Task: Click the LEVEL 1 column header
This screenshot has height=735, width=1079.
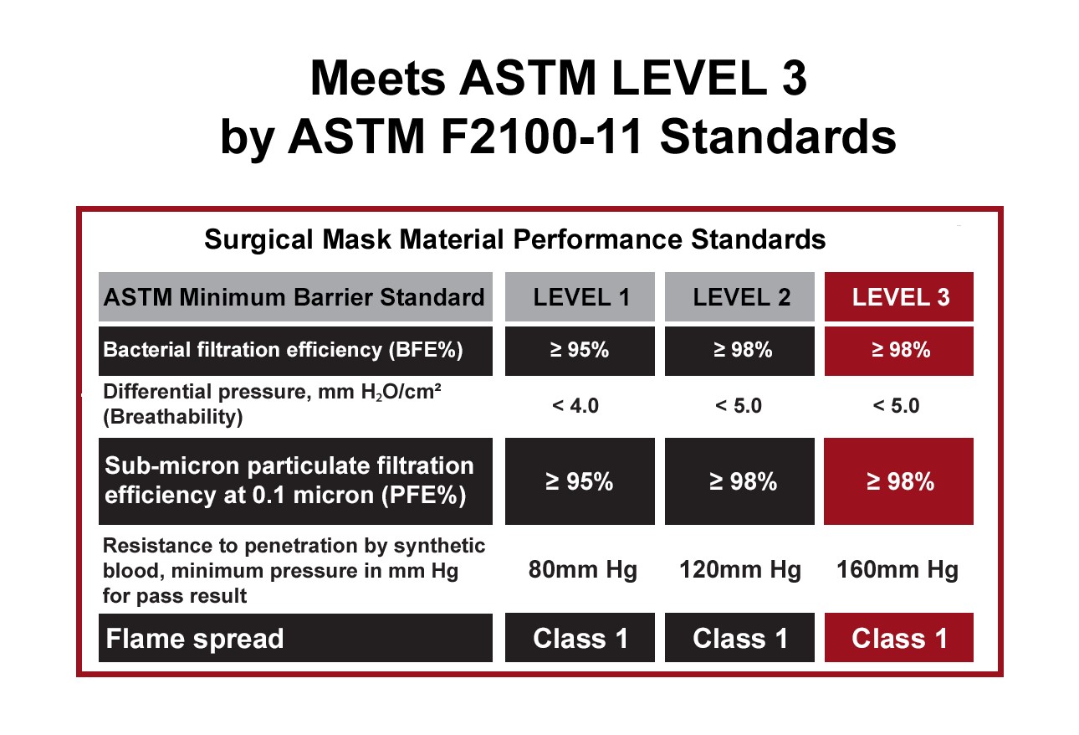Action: coord(580,296)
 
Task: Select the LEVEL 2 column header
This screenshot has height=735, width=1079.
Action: coord(739,296)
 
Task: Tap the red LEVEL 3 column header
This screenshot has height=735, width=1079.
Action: coord(899,296)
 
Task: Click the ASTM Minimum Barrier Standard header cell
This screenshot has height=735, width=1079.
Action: coord(295,296)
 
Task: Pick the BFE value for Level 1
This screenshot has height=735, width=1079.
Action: coord(580,351)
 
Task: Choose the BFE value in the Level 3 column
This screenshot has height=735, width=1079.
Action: coord(899,351)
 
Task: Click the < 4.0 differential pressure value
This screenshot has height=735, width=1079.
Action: coord(575,406)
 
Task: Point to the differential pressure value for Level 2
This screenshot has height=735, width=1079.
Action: coord(739,406)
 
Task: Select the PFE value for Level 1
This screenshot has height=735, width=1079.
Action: coord(580,481)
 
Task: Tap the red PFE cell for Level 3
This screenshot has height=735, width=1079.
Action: coord(899,481)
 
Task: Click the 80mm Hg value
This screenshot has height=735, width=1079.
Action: coord(582,570)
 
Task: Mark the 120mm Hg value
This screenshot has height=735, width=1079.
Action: coord(740,570)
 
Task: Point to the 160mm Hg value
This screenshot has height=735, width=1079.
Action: coord(897,570)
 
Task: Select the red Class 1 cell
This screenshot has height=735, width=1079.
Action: coord(899,638)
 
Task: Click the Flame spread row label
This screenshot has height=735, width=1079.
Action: coord(195,639)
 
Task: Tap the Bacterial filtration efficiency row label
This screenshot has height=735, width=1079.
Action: coord(283,350)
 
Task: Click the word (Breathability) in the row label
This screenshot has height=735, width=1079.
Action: coord(173,417)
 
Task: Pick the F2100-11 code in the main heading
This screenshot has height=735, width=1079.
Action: coord(541,136)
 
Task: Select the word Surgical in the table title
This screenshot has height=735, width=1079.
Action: coord(258,239)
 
